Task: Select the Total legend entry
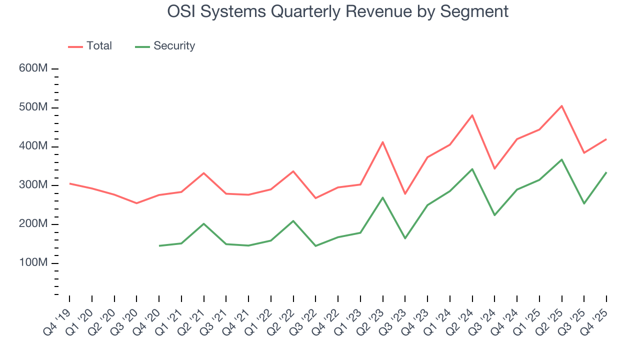point(90,46)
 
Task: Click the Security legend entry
point(165,46)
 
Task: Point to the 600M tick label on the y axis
point(33,68)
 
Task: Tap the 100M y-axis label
point(33,263)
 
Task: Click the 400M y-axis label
point(33,146)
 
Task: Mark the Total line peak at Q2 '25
point(562,106)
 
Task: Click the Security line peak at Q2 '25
point(562,159)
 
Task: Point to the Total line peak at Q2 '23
point(382,142)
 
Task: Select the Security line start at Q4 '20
point(159,246)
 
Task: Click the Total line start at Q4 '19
point(69,183)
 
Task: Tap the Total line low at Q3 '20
point(136,203)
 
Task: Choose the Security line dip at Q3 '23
point(405,238)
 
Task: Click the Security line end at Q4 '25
point(606,172)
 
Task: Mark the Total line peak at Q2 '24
point(472,115)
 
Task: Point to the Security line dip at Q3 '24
point(494,215)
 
